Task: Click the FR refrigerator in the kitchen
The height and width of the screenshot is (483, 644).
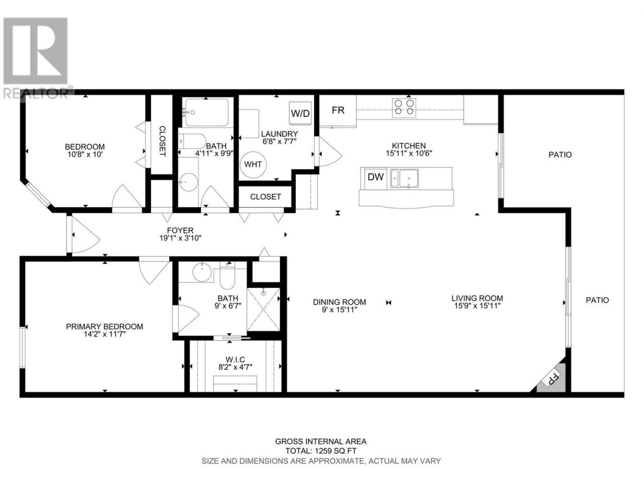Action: tap(338, 111)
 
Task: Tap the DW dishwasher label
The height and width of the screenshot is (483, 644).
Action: tap(375, 177)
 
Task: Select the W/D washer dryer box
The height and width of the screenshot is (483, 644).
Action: tap(300, 113)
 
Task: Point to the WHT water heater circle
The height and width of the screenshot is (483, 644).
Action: tap(253, 165)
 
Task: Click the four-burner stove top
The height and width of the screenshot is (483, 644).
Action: tap(404, 107)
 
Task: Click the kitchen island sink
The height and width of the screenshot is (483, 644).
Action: tap(405, 179)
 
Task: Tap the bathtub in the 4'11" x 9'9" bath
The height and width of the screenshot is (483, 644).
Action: tap(207, 112)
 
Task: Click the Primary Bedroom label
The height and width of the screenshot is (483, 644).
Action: tap(105, 327)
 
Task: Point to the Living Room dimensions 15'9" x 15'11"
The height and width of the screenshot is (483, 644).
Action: tap(477, 306)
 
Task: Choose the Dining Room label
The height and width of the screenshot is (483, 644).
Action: tap(340, 302)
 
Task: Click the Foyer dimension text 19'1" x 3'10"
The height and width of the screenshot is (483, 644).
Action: tap(180, 238)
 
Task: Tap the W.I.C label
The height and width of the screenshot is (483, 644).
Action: tap(235, 359)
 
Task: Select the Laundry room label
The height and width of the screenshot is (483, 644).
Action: tap(280, 134)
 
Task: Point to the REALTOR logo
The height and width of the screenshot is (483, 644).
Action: tap(36, 58)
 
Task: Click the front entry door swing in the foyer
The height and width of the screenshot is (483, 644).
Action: tap(86, 234)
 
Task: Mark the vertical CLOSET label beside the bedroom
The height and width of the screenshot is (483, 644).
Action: tap(162, 141)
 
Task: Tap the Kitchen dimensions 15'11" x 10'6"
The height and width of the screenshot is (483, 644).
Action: tap(409, 153)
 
